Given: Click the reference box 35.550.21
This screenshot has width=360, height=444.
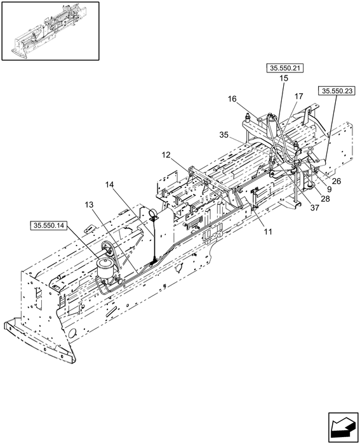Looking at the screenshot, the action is [285, 69].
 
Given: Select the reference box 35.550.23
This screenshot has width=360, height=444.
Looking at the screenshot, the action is [337, 91].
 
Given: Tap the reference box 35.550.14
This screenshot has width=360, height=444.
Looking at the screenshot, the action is [48, 226].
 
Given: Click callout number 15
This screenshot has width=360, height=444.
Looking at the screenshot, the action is [284, 78].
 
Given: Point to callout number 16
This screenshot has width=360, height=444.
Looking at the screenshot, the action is [232, 99].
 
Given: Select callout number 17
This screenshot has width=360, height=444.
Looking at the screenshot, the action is [298, 96].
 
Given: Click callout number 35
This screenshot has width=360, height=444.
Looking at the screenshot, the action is [224, 135].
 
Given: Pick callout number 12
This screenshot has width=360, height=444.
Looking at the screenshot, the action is [166, 155].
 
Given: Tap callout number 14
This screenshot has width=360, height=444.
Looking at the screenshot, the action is [110, 185].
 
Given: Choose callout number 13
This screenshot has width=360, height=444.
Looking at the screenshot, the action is [90, 205].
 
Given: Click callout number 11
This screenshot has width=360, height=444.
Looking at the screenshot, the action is [268, 232].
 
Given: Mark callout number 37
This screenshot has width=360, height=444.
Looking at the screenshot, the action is [315, 208].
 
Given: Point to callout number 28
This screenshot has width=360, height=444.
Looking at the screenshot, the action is [326, 199].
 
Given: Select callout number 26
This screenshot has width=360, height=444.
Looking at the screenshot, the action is [337, 181].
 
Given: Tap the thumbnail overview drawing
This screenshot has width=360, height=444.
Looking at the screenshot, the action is [51, 31].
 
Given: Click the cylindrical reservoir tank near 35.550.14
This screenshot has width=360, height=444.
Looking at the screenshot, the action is [105, 268].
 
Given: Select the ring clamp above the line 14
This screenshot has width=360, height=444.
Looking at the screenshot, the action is [153, 212].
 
